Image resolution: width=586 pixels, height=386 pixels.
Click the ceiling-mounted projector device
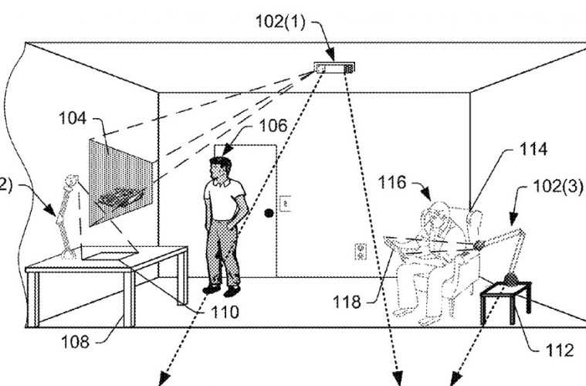coord(334,69)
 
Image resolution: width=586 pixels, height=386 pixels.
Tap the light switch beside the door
coord(283,205)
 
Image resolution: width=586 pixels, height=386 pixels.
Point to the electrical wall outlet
coord(359,251)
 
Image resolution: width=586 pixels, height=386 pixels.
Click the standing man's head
coord(220,168)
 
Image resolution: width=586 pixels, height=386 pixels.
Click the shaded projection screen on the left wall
coord(120,181)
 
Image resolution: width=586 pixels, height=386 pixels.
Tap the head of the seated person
coord(439,212)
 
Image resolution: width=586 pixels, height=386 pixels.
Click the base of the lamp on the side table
coord(510,279)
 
